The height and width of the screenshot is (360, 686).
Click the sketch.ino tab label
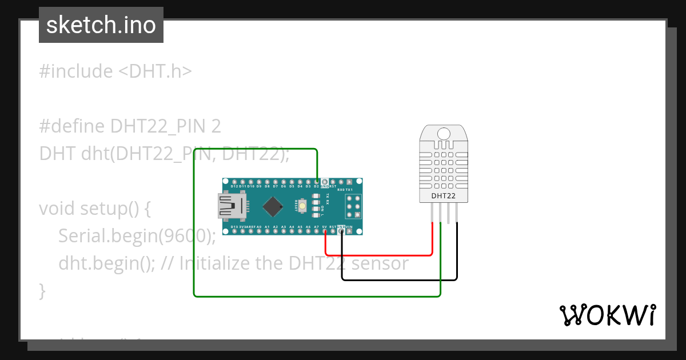coord(101,25)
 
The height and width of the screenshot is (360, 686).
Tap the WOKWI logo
coord(607,315)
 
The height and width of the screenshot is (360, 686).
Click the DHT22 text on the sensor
coord(444,195)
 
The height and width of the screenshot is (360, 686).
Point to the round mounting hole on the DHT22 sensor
coord(444,134)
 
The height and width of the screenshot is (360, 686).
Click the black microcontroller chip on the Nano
coord(274,206)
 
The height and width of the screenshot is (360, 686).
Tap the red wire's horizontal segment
coord(377,255)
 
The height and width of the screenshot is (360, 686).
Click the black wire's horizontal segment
coord(400,280)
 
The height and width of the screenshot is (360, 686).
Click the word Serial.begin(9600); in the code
coord(137,235)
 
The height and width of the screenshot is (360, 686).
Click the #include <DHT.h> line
coord(115,71)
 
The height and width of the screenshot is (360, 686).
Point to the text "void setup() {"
coord(95,208)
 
